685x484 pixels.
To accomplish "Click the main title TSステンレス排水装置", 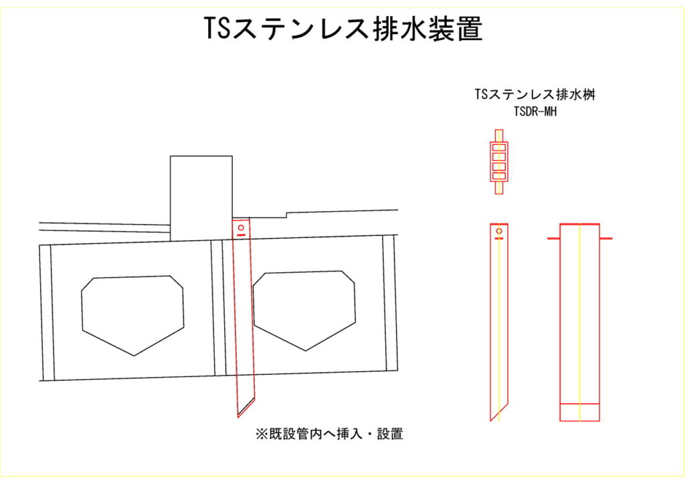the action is point(343,29).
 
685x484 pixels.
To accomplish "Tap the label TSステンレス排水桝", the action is point(535,95).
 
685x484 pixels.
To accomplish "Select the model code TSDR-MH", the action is point(535,112).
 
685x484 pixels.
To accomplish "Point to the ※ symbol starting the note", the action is point(262,434).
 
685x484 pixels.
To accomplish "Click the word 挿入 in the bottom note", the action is point(349,434).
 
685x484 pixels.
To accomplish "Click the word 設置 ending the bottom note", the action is point(390,434).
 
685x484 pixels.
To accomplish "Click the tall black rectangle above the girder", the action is point(201,198).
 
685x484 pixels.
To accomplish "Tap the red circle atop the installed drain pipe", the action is point(241,227).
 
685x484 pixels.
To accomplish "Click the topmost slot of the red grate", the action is point(499,148).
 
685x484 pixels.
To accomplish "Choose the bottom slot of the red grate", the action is point(499,176).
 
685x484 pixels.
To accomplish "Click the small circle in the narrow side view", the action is point(499,231).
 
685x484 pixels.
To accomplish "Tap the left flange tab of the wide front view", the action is point(553,239).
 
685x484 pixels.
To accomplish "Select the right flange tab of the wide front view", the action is point(606,239).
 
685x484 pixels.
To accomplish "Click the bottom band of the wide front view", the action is point(580,412).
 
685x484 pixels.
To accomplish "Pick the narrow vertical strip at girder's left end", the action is point(47,312).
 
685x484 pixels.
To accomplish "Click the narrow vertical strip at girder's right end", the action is point(391,304).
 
